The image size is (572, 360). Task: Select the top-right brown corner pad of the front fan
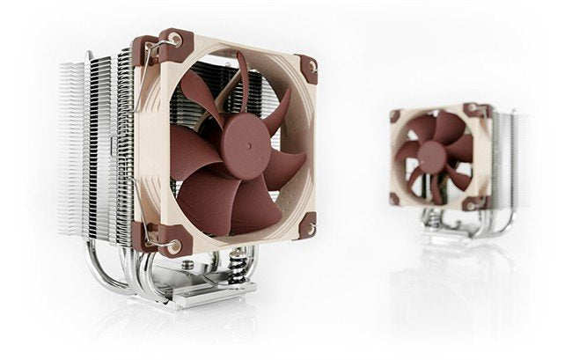(x=308, y=69)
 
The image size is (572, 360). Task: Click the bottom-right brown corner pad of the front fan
(x=305, y=226)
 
